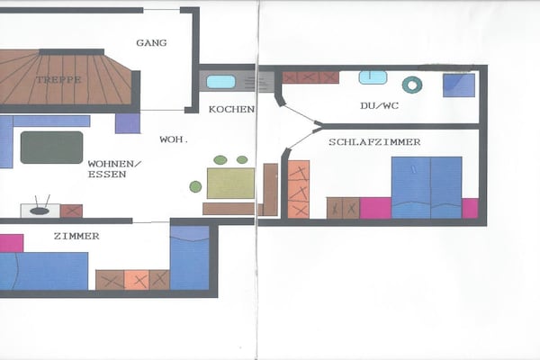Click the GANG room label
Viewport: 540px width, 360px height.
[151, 43]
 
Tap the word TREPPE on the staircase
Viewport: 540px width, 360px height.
[58, 79]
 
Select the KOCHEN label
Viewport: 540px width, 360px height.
[231, 109]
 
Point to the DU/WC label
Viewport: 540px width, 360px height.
[380, 105]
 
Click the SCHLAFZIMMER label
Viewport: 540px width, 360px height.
[374, 142]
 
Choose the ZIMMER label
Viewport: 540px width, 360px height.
[76, 236]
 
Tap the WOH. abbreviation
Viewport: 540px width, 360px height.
[174, 139]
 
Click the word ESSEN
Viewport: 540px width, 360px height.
[107, 175]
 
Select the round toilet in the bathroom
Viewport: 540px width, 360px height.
[412, 85]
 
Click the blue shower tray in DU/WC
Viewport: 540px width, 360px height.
[459, 85]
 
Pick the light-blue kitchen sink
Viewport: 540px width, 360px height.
[220, 82]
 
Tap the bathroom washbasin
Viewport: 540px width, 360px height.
[373, 77]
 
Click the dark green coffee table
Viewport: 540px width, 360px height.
[51, 148]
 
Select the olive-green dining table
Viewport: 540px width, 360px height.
[230, 184]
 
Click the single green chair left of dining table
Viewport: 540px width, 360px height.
[195, 186]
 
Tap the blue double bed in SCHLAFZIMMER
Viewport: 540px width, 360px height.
[427, 188]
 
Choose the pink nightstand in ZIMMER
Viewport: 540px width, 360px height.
[12, 243]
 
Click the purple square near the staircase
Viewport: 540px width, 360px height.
[128, 123]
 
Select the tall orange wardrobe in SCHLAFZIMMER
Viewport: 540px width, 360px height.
[299, 190]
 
